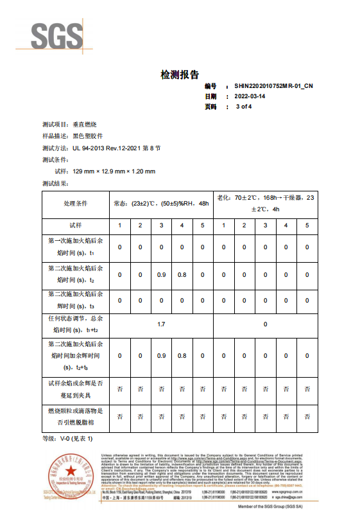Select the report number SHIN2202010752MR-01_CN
pos(273,85)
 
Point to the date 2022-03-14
pos(250,96)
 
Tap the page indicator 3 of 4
pos(244,106)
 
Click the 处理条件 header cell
pos(75,203)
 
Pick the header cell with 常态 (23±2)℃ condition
pos(161,203)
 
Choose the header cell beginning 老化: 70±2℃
pos(266,203)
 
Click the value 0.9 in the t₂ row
pos(161,275)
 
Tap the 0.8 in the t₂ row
pos(182,275)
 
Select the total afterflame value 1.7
pos(161,324)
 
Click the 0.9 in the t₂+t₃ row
pos(161,356)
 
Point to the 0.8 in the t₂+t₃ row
pos(182,356)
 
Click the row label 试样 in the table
pos(75,225)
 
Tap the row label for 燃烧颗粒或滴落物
pos(75,416)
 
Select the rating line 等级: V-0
pos(67,438)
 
